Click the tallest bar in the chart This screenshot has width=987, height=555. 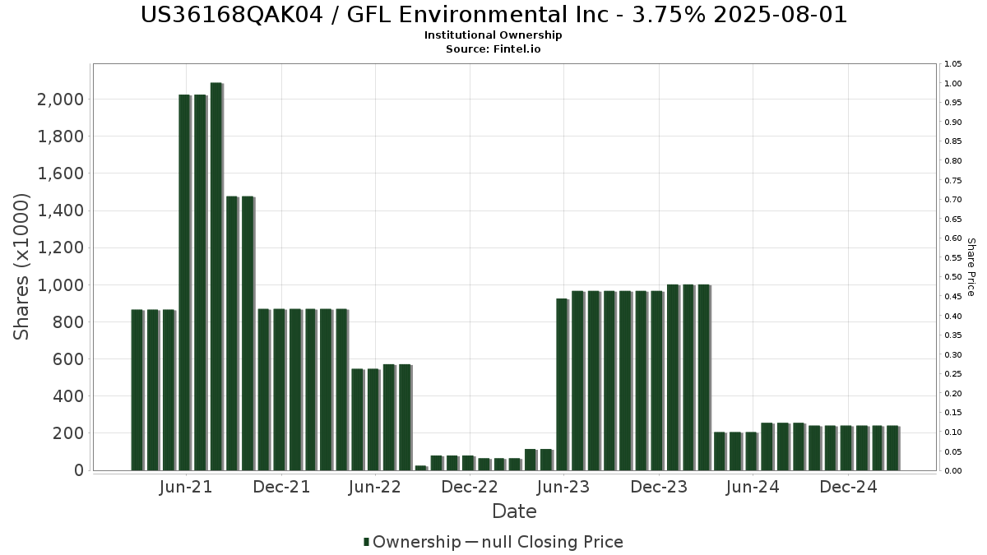[x=216, y=276]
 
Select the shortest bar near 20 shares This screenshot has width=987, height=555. [x=420, y=468]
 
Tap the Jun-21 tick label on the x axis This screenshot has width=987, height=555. [x=188, y=487]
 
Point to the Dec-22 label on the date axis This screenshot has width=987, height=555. [x=470, y=487]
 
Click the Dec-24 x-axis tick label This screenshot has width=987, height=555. [x=847, y=487]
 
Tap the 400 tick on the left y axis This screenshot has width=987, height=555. [x=68, y=396]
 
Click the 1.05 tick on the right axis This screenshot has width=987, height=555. [x=953, y=64]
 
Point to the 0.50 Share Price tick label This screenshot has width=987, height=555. [x=953, y=277]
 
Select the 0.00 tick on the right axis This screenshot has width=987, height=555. [x=953, y=471]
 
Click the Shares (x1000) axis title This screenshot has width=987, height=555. [x=22, y=266]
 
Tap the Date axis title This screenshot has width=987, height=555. [x=514, y=511]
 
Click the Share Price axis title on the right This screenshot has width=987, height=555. [x=971, y=266]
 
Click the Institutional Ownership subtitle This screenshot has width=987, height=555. [x=493, y=35]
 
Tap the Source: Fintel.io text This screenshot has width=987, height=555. [x=493, y=49]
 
